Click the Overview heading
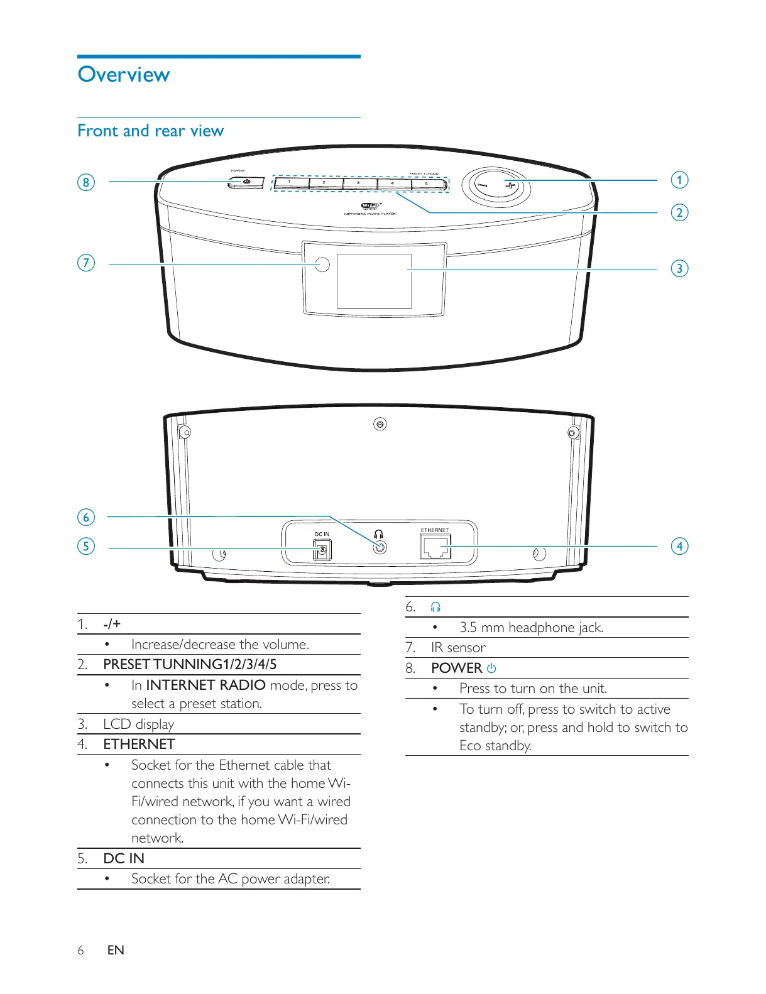click(x=124, y=75)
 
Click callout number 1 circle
click(x=679, y=180)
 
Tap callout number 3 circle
click(x=679, y=269)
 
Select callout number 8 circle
click(x=86, y=183)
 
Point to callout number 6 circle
click(x=86, y=518)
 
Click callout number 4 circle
click(x=679, y=546)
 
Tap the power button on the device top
click(x=246, y=183)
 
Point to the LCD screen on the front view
click(x=374, y=281)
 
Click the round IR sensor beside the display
click(x=322, y=265)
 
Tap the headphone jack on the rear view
click(x=379, y=547)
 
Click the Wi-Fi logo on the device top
click(x=370, y=206)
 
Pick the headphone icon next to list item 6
click(x=435, y=607)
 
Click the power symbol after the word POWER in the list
click(x=491, y=669)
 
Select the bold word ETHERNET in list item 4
click(x=139, y=745)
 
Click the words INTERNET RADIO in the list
click(x=205, y=685)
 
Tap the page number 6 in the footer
click(x=80, y=950)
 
